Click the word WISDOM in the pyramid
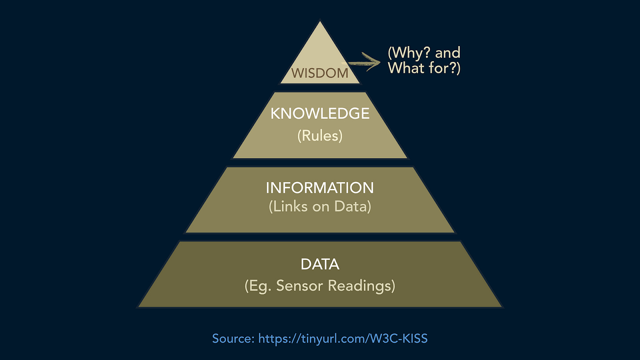(320, 73)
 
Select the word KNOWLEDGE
(320, 114)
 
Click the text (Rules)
(320, 136)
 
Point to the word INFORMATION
(320, 188)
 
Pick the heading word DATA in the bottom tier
(320, 265)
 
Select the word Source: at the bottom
(233, 338)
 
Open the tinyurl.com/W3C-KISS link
(343, 338)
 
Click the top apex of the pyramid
(320, 22)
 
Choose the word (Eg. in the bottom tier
(258, 286)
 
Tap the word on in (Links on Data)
(320, 207)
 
